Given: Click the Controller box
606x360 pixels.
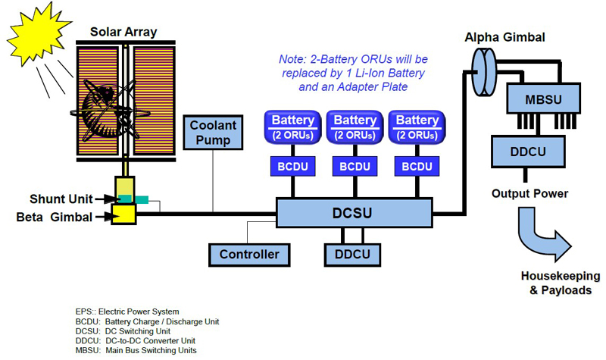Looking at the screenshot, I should click(x=249, y=255).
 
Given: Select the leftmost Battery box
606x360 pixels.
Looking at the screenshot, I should click(x=292, y=126).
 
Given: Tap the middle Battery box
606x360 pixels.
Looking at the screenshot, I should click(x=355, y=126).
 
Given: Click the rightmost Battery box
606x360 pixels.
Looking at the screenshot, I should click(x=417, y=126).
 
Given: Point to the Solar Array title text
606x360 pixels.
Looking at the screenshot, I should click(x=124, y=31).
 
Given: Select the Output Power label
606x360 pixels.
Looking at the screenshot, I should click(x=529, y=193).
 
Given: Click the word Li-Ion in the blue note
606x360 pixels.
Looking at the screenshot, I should click(x=375, y=74).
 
